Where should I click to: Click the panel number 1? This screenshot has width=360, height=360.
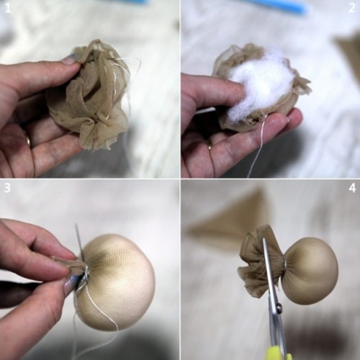tap(8, 8)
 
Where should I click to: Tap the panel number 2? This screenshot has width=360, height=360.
tap(351, 8)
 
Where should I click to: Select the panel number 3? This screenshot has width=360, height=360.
tap(7, 188)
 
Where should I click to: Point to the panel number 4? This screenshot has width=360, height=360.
tap(352, 188)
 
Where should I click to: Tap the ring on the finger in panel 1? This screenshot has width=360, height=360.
tap(28, 140)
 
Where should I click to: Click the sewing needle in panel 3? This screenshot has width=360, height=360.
tap(80, 243)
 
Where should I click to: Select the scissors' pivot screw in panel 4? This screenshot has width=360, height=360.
tap(279, 306)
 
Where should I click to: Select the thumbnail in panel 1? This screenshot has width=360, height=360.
tap(70, 60)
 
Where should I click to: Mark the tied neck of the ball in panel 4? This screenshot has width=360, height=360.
tap(285, 265)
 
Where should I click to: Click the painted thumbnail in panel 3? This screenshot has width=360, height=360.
tap(71, 284)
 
